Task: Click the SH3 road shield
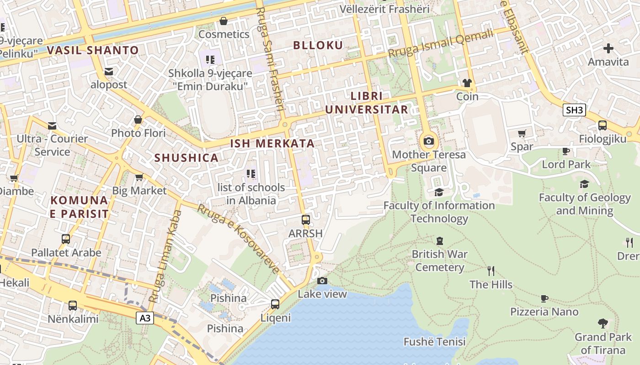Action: coord(575,110)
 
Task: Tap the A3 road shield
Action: coord(145,318)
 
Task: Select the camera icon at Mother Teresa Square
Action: coord(429,141)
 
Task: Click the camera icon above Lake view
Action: coord(322,281)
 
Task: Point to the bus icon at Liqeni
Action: coord(275,304)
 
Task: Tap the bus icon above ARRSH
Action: coord(306,220)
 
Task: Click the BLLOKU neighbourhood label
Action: coord(318,45)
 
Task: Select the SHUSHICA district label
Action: coord(186,158)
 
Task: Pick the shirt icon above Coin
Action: coord(467,83)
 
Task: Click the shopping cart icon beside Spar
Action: coord(522,133)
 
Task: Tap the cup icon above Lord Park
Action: coord(566,151)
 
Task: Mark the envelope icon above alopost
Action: coord(109,71)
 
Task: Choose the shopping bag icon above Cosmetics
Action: coord(224,21)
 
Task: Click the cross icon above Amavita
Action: coord(608,48)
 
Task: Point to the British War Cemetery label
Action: coord(439,261)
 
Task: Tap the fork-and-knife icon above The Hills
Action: coord(491,271)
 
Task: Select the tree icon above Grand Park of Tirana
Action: coord(603,323)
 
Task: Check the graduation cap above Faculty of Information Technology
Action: coord(439,192)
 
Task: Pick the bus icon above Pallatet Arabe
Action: coord(66,239)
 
